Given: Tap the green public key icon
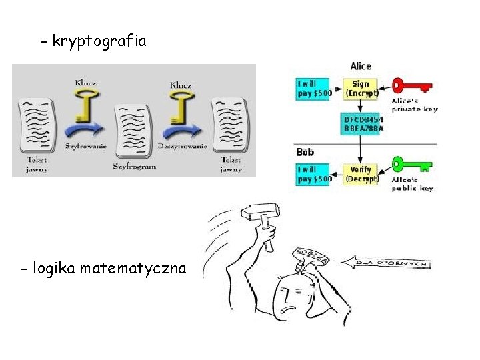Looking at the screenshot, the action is point(411,163).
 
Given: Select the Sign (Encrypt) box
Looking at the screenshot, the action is point(361,89).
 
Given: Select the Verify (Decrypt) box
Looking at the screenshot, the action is point(361,174).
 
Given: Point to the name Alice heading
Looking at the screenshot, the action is point(360,66).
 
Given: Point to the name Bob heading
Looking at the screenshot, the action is point(305,152).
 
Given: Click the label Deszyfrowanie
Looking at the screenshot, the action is point(182,145).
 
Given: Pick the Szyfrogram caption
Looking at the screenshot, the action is point(134,166).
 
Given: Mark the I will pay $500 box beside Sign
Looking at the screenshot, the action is point(313,89).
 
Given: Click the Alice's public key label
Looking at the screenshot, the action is point(413,184).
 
